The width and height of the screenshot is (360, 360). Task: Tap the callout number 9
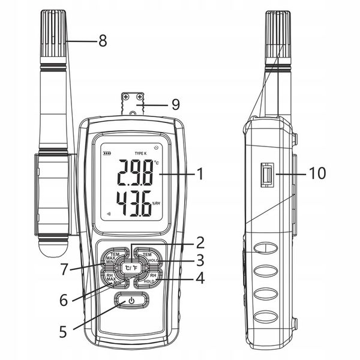coord(175,104)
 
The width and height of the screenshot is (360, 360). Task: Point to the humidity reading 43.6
coord(132,207)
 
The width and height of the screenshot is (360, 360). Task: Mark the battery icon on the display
coord(107,154)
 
